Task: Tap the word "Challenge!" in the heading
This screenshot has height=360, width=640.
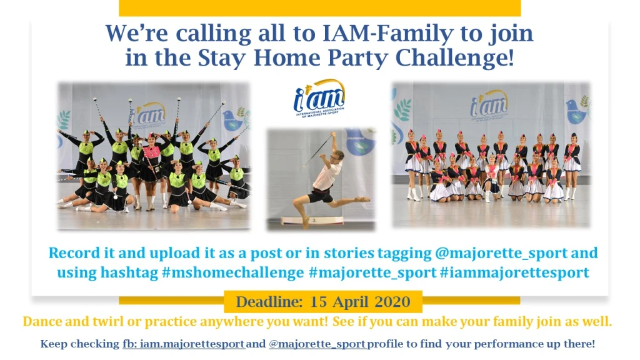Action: [455, 57]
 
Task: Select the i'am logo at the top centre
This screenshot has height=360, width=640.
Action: [319, 98]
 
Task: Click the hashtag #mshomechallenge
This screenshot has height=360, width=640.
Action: [233, 272]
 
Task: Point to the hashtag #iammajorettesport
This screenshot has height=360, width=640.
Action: [514, 272]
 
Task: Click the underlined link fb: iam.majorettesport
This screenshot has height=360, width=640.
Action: [184, 344]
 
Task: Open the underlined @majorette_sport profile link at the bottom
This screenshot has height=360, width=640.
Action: [317, 344]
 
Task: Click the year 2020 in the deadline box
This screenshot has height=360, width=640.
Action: [392, 302]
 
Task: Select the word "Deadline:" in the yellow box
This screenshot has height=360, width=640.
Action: [269, 302]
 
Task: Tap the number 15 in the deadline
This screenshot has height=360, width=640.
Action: [318, 302]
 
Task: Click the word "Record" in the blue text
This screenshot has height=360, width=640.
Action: [75, 252]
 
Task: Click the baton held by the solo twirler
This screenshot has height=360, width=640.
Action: [318, 151]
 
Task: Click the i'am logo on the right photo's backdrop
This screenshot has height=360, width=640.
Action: [489, 106]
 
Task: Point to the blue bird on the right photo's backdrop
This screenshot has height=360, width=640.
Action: [576, 110]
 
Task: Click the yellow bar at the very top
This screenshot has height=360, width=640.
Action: [319, 8]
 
